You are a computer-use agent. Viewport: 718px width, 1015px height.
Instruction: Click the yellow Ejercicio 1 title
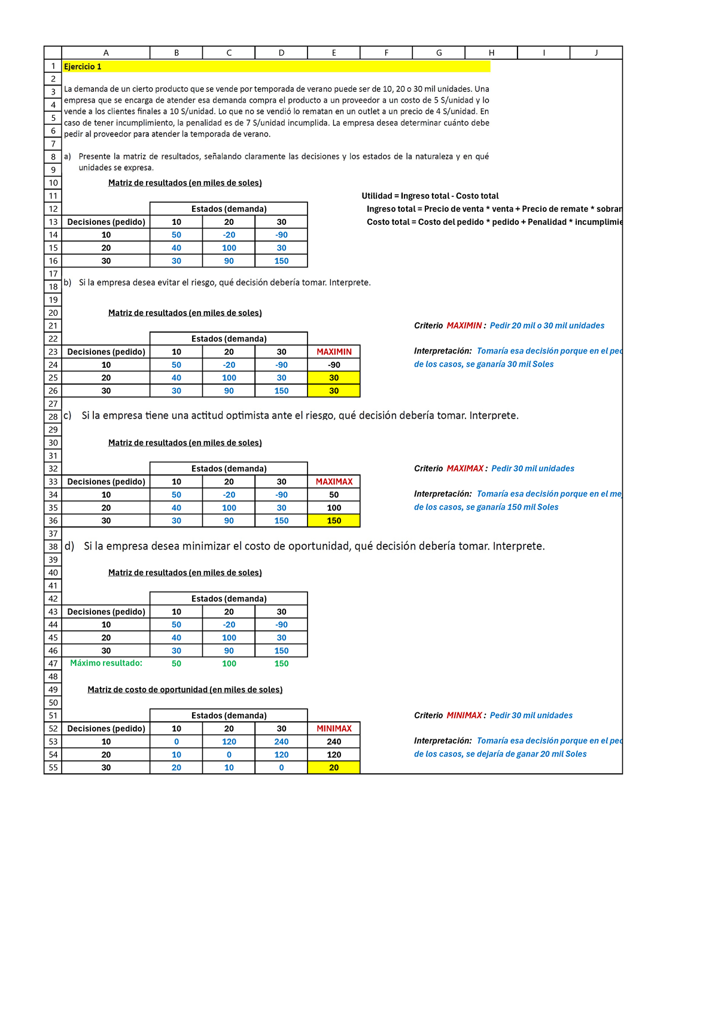pos(83,66)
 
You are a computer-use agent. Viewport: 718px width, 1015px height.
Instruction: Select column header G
pos(439,53)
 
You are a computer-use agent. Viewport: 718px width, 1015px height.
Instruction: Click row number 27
pos(53,404)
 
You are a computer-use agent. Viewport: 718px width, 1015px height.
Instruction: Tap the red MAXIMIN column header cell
pos(334,352)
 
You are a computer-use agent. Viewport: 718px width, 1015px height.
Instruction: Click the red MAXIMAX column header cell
pos(334,481)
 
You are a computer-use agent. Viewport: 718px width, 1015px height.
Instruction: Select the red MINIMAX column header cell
pos(334,729)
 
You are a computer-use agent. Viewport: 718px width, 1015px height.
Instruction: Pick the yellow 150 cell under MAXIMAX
pos(334,520)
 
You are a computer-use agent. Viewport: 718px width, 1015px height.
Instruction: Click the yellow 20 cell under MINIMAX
pos(334,767)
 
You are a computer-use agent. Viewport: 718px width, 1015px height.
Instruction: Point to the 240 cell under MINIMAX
pos(334,742)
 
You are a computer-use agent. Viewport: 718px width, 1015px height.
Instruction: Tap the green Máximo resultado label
pos(106,663)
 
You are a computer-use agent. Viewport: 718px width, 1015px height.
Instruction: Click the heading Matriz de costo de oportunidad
pos(185,690)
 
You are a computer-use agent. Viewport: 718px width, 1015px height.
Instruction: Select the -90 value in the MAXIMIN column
pos(334,365)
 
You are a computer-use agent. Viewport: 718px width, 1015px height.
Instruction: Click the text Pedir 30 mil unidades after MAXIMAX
pos(533,468)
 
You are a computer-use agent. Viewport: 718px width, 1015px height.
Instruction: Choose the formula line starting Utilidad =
pos(430,196)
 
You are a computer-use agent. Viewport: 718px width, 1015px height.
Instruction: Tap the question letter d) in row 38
pos(69,546)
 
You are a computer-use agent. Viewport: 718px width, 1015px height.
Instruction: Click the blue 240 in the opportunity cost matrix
pos(281,742)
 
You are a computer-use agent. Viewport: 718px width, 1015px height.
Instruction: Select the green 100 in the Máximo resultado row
pos(229,663)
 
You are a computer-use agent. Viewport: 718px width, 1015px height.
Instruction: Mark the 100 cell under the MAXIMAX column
pos(334,508)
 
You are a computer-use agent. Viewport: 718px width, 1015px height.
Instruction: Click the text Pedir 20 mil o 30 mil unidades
pos(547,325)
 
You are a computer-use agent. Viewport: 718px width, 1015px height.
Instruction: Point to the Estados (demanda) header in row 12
pos(229,209)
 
